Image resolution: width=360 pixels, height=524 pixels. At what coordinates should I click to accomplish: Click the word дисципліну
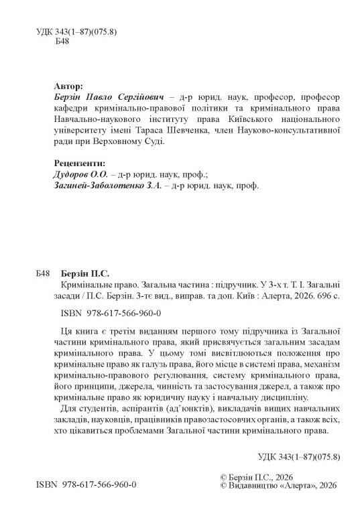tap(250, 397)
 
